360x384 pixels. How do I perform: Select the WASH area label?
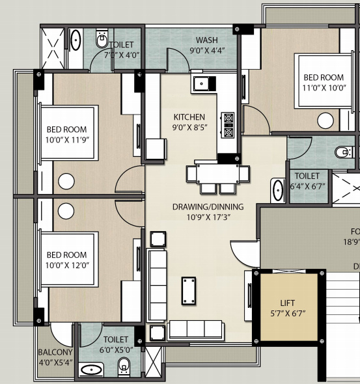(206, 40)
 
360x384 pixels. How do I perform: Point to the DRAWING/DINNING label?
(208, 207)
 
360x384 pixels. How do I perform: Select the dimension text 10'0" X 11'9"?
(66, 139)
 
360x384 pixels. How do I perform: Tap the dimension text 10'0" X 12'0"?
(66, 264)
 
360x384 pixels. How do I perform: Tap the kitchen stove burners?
(228, 126)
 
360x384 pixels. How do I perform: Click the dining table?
(217, 174)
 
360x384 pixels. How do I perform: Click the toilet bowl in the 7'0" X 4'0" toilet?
(101, 41)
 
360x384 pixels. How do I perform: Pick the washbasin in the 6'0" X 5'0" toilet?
(92, 370)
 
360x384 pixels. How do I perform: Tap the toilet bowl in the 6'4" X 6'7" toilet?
(343, 153)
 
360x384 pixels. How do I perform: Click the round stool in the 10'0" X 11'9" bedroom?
(66, 182)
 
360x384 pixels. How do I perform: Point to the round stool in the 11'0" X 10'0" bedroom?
(324, 120)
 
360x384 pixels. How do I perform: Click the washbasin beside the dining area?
(278, 187)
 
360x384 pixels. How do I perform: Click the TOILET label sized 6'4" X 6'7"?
(307, 176)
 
